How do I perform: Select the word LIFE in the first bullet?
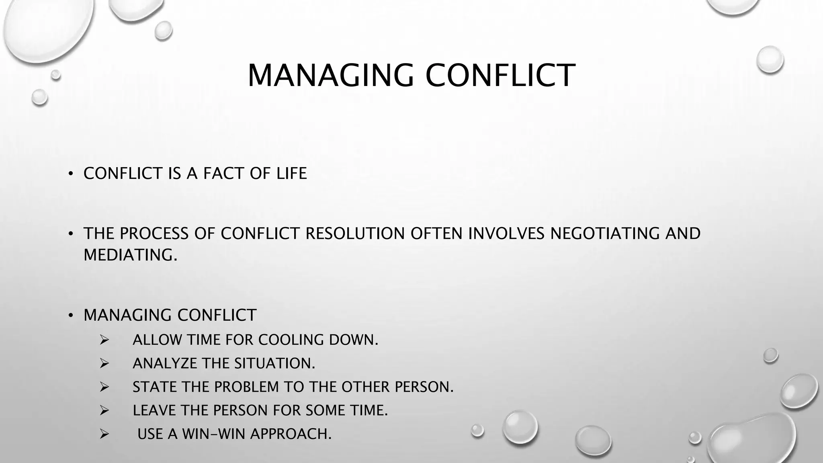tap(291, 174)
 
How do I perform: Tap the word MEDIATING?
tap(130, 255)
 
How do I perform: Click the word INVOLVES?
tap(506, 234)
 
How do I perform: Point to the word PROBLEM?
tap(246, 387)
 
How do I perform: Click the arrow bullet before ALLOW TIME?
tap(104, 340)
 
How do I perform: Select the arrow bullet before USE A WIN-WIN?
tap(104, 434)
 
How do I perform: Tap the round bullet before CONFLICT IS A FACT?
tap(71, 174)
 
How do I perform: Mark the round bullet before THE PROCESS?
tap(71, 234)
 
